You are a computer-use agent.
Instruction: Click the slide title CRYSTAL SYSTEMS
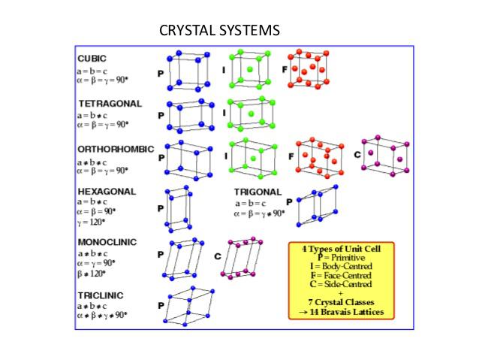[x=220, y=31]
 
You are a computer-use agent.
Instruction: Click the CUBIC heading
[x=92, y=58]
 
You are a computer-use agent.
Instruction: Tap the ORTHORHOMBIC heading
[x=115, y=149]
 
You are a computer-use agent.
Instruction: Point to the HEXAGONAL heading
[x=107, y=191]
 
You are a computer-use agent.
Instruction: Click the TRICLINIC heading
[x=101, y=295]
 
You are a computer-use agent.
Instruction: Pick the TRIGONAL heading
[x=258, y=192]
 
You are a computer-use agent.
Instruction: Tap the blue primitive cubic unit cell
[x=186, y=72]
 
